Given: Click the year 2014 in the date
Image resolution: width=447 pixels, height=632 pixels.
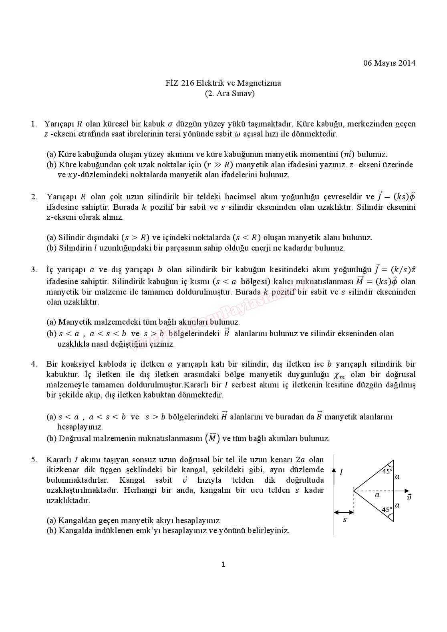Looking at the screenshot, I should tap(407, 63).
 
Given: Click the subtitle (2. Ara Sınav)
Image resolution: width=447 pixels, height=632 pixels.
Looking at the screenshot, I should tap(230, 94).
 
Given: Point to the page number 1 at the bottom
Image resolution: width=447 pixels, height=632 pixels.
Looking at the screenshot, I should tap(223, 564).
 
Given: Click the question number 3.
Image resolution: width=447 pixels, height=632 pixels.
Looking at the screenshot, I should tap(34, 270).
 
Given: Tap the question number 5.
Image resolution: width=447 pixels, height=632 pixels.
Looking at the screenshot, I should tap(34, 459).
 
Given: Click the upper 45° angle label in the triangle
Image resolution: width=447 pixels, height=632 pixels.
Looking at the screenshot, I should tap(387, 471).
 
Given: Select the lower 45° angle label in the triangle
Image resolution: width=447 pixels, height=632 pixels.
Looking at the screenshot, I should tap(387, 510).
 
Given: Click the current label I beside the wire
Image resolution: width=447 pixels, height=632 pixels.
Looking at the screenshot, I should tap(341, 473).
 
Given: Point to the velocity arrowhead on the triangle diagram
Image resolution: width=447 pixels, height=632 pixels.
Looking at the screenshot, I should tap(407, 491).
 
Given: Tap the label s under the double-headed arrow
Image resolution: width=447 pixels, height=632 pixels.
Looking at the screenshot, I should tap(344, 520).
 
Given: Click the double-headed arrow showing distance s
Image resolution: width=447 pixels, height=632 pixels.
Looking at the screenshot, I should tap(344, 512).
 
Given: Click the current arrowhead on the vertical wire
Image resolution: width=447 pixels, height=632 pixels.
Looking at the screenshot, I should tap(334, 470).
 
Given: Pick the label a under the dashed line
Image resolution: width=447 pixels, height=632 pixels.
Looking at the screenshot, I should tap(377, 495).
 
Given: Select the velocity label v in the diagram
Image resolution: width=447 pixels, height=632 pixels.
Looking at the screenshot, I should tap(409, 498).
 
